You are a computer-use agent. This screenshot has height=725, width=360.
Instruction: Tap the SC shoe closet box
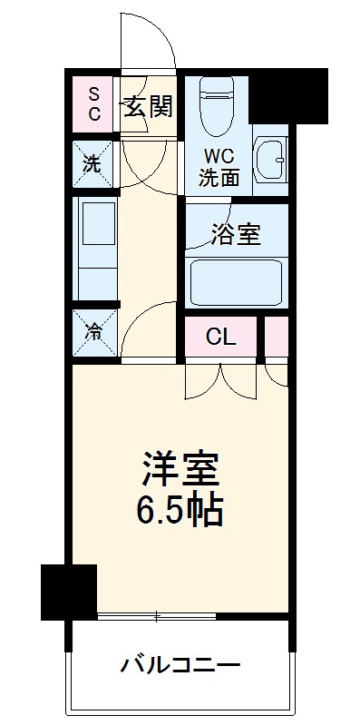94,104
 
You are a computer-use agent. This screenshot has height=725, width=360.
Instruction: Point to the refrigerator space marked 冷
94,332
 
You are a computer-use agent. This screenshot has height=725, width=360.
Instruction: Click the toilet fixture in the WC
217,104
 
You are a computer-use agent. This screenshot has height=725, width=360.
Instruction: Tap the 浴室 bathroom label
237,234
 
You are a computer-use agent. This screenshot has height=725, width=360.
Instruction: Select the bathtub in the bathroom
238,282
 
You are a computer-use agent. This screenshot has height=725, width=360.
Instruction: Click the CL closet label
220,338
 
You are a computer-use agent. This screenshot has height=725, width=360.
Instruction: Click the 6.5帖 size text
180,513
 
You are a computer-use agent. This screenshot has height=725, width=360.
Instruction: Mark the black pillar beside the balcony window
69,591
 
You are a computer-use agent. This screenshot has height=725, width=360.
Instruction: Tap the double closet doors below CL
220,379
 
